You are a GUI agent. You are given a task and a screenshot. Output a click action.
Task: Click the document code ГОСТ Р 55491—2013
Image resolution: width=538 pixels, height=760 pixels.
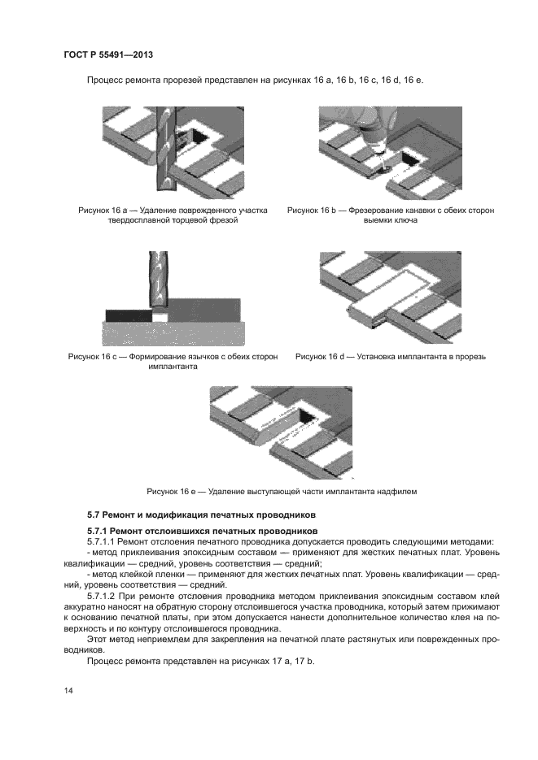click(108, 54)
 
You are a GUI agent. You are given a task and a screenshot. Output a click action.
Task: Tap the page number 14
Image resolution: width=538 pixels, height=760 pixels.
click(68, 690)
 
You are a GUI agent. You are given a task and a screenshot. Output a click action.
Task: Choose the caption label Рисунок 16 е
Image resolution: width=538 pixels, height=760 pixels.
click(173, 491)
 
